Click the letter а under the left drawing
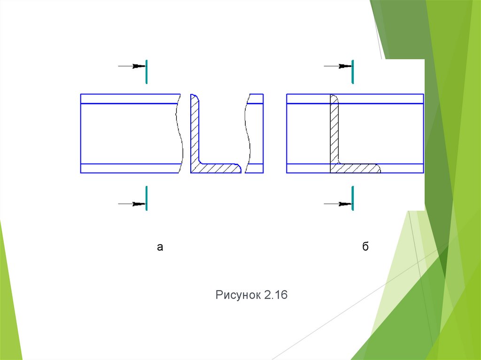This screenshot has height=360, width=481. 160,247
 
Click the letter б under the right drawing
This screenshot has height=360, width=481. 365,246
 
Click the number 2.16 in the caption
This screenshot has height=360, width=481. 275,295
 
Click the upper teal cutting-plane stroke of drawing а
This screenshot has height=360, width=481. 147,72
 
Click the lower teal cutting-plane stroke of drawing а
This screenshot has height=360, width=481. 147,198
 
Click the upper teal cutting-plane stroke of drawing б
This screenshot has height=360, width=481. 352,72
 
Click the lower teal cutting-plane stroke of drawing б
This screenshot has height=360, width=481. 352,198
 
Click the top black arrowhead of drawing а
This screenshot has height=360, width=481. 139,66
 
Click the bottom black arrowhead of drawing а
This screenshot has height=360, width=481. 139,204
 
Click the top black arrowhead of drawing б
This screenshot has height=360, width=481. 345,66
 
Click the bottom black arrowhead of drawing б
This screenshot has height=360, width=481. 345,204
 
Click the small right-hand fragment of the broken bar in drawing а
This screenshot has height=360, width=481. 254,133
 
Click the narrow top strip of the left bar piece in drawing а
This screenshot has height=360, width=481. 130,99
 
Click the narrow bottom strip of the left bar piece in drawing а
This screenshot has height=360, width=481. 130,169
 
